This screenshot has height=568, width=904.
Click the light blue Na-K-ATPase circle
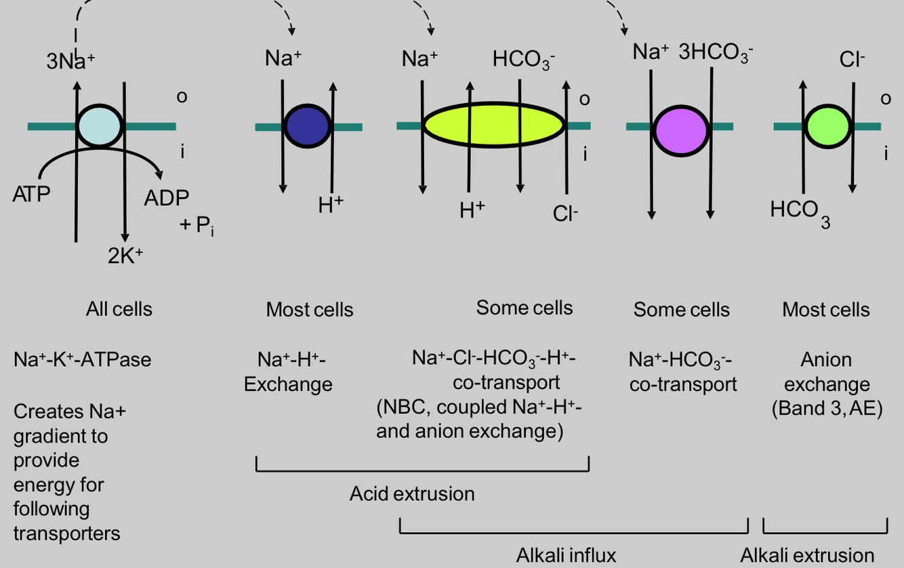coord(100,126)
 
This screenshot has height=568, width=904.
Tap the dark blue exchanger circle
coord(307,126)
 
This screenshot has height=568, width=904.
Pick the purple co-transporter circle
coord(680,126)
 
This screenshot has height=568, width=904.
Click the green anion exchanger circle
coord(829,126)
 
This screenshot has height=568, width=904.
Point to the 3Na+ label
coord(70,61)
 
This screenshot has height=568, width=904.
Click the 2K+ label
coord(125,256)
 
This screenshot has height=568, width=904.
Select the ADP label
coord(167,198)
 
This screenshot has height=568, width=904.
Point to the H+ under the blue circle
coord(331,205)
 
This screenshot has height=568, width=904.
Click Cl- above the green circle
coord(852,60)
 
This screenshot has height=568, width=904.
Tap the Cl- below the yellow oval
coord(564,214)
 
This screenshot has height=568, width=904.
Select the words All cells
coord(119,310)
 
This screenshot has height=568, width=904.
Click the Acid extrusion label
coord(412,493)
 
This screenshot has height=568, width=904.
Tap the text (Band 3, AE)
coord(827,409)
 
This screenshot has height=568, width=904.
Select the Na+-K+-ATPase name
coord(82,359)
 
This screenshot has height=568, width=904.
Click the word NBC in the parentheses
coord(403,408)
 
